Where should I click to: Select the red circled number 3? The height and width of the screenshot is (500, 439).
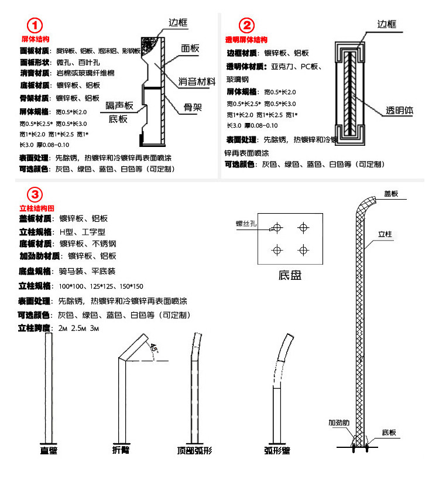tap(35, 195)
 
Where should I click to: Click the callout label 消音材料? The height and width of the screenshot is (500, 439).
tap(197, 81)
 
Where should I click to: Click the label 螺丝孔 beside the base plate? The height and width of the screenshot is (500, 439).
tap(247, 222)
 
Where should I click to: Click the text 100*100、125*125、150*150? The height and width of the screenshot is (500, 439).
tap(101, 286)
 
